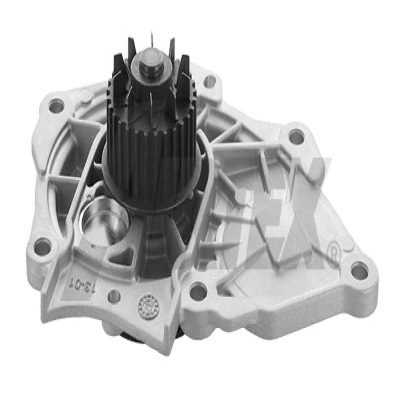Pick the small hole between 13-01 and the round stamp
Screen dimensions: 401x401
point(115,296)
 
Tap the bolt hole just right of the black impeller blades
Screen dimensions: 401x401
point(210,81)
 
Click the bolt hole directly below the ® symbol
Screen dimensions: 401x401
point(359,271)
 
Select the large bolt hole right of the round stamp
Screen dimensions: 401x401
point(198,290)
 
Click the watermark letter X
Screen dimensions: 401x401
point(301,221)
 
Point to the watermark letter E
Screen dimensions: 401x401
point(251,226)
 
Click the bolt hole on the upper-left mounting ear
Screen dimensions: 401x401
point(56,106)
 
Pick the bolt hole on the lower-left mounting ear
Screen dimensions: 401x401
point(43,247)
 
